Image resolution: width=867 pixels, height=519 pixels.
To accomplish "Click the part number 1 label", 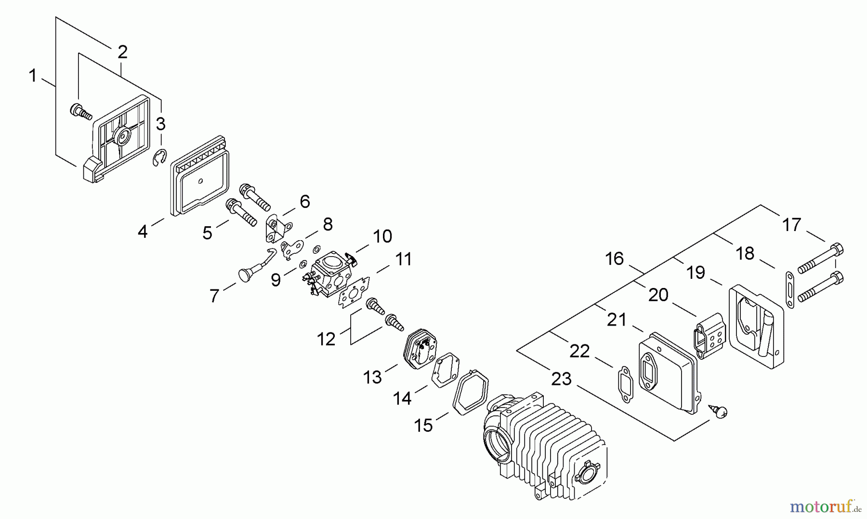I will coord(33,76).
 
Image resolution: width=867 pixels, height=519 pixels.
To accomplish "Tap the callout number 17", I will coord(791,225).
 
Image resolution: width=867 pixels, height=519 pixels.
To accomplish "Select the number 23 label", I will coord(561,379).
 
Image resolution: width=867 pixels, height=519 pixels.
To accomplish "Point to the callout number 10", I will coord(382,236).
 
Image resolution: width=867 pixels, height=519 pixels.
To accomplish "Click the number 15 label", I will coord(424,425).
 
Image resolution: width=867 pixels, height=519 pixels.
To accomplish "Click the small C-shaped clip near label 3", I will coord(160,158).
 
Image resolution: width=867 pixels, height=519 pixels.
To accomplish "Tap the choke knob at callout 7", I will coord(246,274).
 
